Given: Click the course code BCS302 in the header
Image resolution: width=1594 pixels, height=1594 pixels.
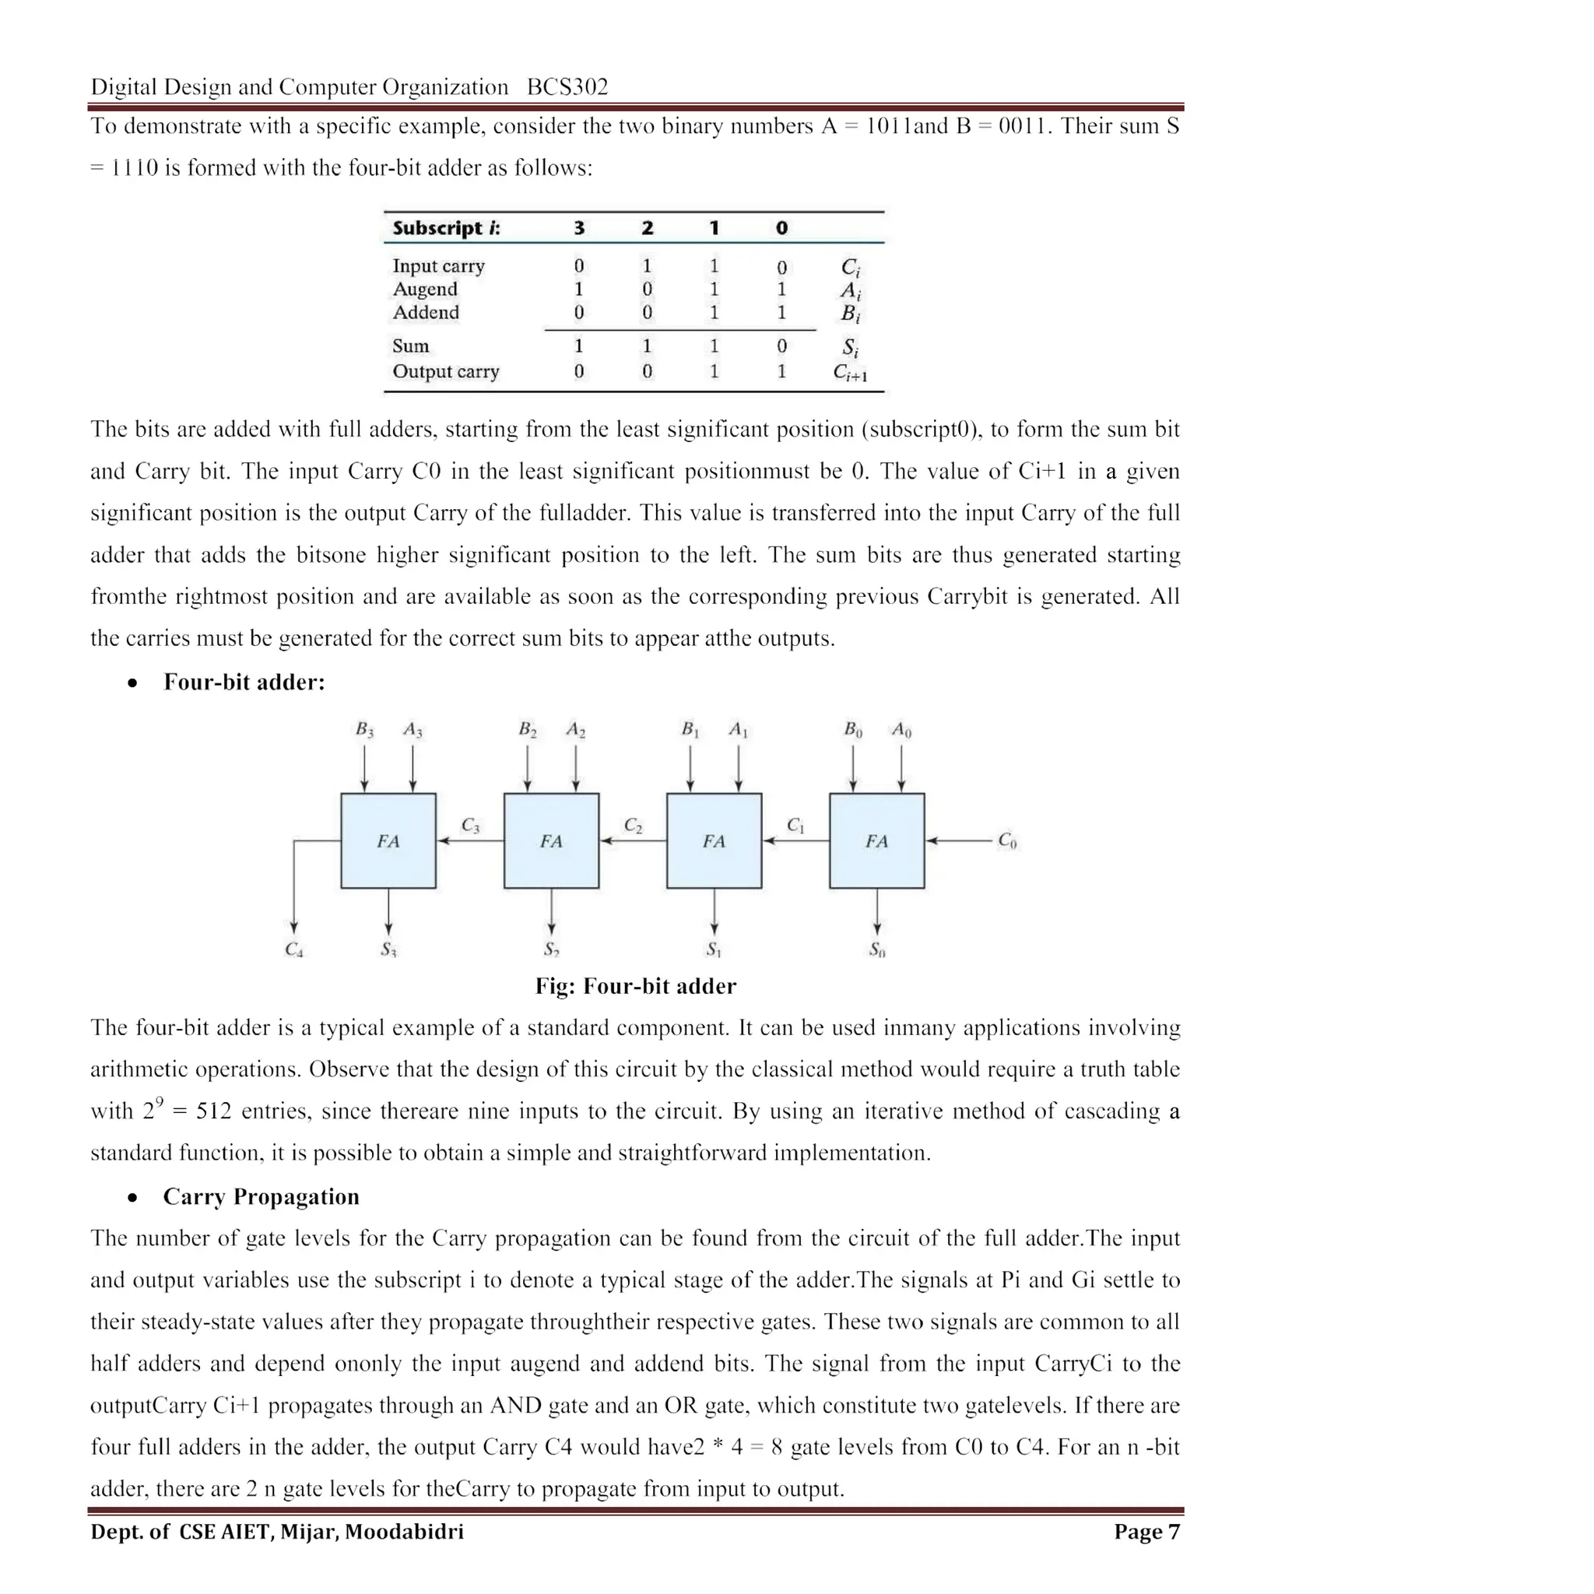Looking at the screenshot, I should click(x=567, y=86).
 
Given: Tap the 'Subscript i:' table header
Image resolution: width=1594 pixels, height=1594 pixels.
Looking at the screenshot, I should click(x=445, y=228).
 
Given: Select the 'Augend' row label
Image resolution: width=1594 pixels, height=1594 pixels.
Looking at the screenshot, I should click(x=424, y=289).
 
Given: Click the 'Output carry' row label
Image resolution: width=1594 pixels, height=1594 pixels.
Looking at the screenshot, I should click(x=445, y=371).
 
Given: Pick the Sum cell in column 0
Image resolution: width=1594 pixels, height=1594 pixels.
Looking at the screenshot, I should click(x=781, y=346).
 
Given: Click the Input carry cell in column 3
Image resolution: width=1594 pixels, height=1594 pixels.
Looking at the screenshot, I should click(x=578, y=265).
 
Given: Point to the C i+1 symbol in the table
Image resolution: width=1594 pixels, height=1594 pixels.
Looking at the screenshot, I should click(x=850, y=373).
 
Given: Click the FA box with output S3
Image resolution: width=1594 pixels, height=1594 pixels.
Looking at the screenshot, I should click(x=388, y=841).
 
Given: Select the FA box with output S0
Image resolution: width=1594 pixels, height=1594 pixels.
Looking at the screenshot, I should click(x=876, y=841).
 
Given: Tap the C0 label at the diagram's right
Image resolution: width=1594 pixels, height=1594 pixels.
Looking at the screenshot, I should click(x=1006, y=841).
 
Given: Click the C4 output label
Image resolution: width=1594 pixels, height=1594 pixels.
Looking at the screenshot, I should click(x=293, y=950).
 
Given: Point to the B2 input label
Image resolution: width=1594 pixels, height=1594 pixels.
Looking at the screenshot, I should click(x=527, y=729).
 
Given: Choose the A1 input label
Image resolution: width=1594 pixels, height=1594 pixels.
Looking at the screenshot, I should click(x=738, y=729).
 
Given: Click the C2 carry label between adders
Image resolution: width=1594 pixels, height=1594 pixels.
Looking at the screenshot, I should click(x=633, y=825).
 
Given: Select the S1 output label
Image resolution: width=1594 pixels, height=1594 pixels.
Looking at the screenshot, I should click(x=714, y=950).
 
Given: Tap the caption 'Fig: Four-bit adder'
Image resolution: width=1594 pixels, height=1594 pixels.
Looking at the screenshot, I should click(x=635, y=986).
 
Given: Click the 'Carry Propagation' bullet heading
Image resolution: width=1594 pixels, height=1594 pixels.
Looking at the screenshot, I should click(x=261, y=1196).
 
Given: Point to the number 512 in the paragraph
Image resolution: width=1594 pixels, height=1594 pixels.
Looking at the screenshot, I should click(x=214, y=1111).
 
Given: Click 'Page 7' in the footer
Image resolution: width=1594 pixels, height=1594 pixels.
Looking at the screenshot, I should click(x=1146, y=1532).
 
